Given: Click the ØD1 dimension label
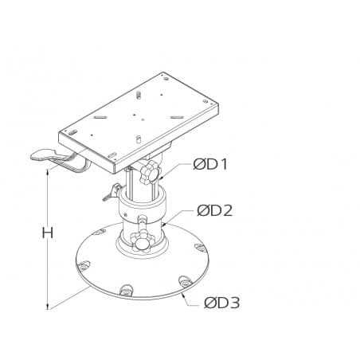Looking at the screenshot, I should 210,165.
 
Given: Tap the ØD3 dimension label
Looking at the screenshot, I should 221,302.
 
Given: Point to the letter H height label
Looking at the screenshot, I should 48,233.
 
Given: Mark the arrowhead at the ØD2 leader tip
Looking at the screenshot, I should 164,226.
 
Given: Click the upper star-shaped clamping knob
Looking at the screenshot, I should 148,174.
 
